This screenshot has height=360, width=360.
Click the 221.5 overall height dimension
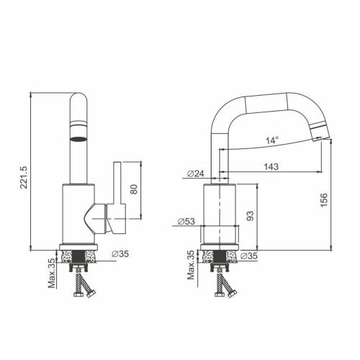pos(24,177)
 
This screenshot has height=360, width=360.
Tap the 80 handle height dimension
pos(134,189)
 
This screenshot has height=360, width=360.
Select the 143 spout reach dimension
pos(271,166)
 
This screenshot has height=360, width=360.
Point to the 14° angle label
pos(272,140)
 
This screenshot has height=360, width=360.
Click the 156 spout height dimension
pos(324,200)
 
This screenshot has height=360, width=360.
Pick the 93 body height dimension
pos(250,216)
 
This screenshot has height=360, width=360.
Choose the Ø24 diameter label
pos(196,174)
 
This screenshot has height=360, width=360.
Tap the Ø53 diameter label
pos(186,221)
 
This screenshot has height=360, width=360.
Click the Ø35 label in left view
pos(120,253)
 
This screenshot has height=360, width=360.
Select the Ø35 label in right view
pos(249,256)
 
